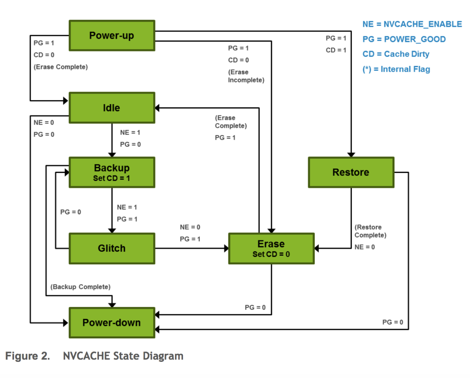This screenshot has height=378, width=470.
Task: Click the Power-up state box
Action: click(x=112, y=35)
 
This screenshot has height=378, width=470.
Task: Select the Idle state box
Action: click(x=112, y=108)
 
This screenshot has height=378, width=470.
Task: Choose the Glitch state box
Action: click(x=112, y=248)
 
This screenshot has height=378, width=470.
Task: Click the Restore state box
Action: click(x=351, y=172)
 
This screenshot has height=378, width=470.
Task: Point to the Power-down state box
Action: click(x=112, y=322)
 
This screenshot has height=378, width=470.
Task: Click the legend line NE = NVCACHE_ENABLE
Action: click(x=412, y=24)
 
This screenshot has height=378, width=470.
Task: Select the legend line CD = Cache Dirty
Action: click(x=396, y=54)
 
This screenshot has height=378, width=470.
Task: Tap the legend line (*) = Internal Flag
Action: click(x=396, y=69)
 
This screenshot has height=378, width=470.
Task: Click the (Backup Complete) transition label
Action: click(x=80, y=287)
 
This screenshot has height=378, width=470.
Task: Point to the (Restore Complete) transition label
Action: click(x=370, y=231)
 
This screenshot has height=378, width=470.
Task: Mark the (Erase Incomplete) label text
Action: click(x=246, y=76)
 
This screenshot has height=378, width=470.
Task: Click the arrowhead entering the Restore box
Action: click(x=351, y=155)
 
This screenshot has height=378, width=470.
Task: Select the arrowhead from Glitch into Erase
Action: click(x=226, y=248)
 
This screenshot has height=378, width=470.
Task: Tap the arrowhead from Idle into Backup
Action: click(x=112, y=155)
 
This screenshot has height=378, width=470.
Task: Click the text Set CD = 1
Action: click(x=111, y=178)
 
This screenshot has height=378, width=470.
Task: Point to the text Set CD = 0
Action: click(x=271, y=254)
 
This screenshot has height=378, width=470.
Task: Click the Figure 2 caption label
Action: click(x=28, y=356)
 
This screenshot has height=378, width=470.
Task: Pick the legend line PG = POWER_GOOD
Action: click(x=404, y=39)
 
